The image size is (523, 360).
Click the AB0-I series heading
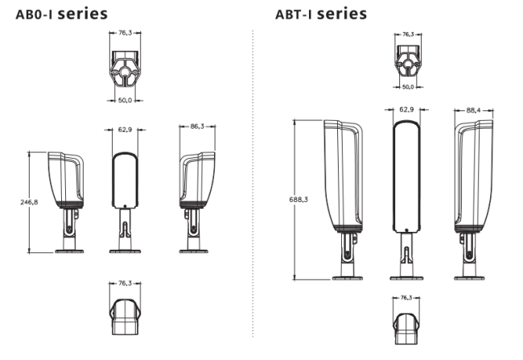(62, 14)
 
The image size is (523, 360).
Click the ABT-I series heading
(321, 14)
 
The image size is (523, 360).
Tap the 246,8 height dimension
(29, 202)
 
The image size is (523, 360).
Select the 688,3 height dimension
(299, 200)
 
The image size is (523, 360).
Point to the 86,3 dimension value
(197, 126)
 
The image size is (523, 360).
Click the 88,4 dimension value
(473, 110)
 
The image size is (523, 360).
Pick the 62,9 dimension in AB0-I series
(125, 130)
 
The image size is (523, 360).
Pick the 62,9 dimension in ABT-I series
(406, 110)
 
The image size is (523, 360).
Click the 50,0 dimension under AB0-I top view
(125, 100)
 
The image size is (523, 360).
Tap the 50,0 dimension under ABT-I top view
(408, 87)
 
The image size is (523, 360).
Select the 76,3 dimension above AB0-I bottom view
(125, 283)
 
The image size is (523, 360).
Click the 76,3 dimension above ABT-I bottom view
(406, 297)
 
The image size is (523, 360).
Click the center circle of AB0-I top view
(125, 72)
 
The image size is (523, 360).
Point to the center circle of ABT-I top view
(407, 64)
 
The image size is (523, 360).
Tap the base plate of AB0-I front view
(125, 251)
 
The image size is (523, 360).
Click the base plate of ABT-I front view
(406, 278)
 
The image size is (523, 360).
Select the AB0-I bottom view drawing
(125, 317)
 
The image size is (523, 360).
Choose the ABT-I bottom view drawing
(406, 329)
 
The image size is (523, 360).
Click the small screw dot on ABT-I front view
(406, 230)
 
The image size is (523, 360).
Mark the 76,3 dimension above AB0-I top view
(125, 33)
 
